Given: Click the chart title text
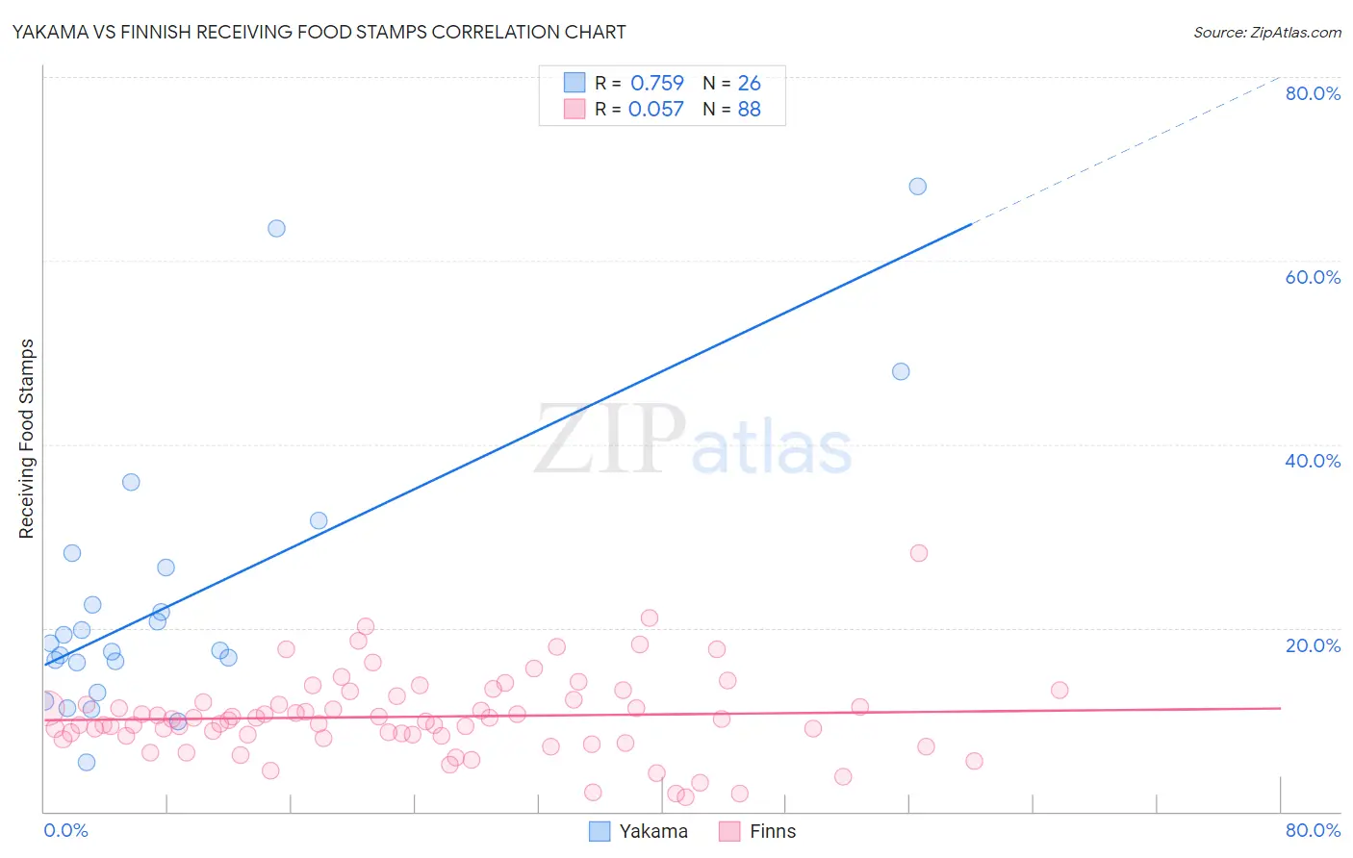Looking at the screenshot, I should pyautogui.click(x=319, y=32).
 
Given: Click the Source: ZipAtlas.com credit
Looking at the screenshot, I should pyautogui.click(x=1266, y=32).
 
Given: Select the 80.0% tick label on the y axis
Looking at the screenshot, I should pyautogui.click(x=1313, y=93).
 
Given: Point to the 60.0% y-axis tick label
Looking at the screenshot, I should pyautogui.click(x=1313, y=277).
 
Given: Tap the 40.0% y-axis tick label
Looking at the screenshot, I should pyautogui.click(x=1313, y=461).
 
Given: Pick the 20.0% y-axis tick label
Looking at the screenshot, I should pyautogui.click(x=1313, y=645).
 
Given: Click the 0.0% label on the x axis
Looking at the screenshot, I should pyautogui.click(x=65, y=830).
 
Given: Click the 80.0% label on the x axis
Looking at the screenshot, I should pyautogui.click(x=1313, y=830).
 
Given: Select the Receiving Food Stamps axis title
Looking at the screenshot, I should pyautogui.click(x=27, y=439).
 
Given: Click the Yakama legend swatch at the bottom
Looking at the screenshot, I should pyautogui.click(x=600, y=831).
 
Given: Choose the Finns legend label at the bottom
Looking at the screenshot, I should pyautogui.click(x=773, y=831).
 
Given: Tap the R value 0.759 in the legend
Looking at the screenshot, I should pyautogui.click(x=657, y=83).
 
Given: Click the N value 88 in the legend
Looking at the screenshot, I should pyautogui.click(x=749, y=109).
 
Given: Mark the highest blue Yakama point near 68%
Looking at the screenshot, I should pyautogui.click(x=918, y=187).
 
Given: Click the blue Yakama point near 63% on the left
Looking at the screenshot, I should pyautogui.click(x=276, y=228).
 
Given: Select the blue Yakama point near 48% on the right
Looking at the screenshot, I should pyautogui.click(x=901, y=371).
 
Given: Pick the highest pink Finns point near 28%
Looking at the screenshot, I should pyautogui.click(x=919, y=553).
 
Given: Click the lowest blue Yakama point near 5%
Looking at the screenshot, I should pyautogui.click(x=87, y=762).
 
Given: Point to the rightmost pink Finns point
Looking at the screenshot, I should pyautogui.click(x=1059, y=690).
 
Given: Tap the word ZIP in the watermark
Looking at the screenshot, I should pyautogui.click(x=610, y=441).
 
